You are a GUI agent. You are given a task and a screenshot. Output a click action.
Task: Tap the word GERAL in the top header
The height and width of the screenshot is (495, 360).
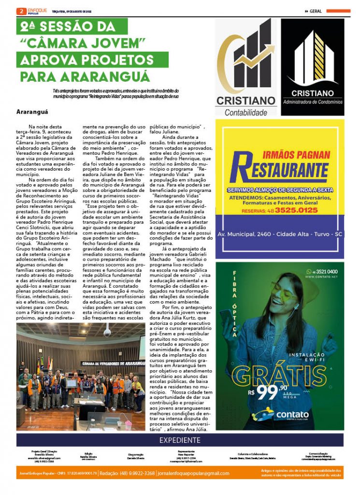click(x=316, y=11)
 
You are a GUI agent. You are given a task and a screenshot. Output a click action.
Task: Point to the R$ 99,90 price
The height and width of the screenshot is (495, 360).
click(x=268, y=391)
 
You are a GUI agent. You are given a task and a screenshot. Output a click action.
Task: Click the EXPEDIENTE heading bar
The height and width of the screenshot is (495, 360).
click(x=180, y=440)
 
